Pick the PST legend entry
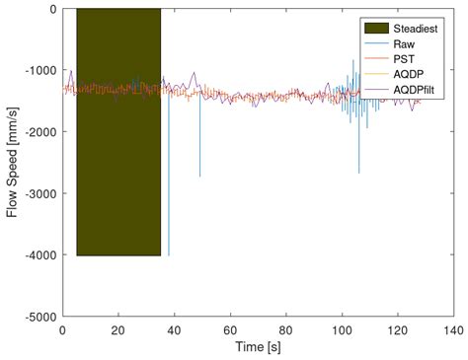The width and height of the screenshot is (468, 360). [x=406, y=59]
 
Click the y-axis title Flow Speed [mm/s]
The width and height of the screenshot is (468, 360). [x=13, y=163]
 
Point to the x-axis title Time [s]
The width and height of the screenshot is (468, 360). [x=258, y=346]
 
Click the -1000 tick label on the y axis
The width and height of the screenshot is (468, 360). [x=39, y=71]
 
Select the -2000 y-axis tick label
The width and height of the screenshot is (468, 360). [x=39, y=132]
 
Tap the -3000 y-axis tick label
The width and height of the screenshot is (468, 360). [x=39, y=194]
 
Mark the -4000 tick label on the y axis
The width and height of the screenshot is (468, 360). [x=39, y=255]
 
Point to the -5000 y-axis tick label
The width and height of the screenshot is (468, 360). [x=39, y=318]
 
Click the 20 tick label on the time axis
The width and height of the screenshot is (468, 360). [x=118, y=329]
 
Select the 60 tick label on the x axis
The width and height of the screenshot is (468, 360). [x=230, y=329]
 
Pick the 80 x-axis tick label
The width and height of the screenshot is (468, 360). [x=286, y=329]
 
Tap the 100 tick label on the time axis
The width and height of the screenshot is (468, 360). [x=342, y=329]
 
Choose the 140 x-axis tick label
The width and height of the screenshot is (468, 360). [x=453, y=329]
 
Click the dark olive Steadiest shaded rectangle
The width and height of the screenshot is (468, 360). [x=118, y=132]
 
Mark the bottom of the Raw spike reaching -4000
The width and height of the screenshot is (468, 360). [x=169, y=254]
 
